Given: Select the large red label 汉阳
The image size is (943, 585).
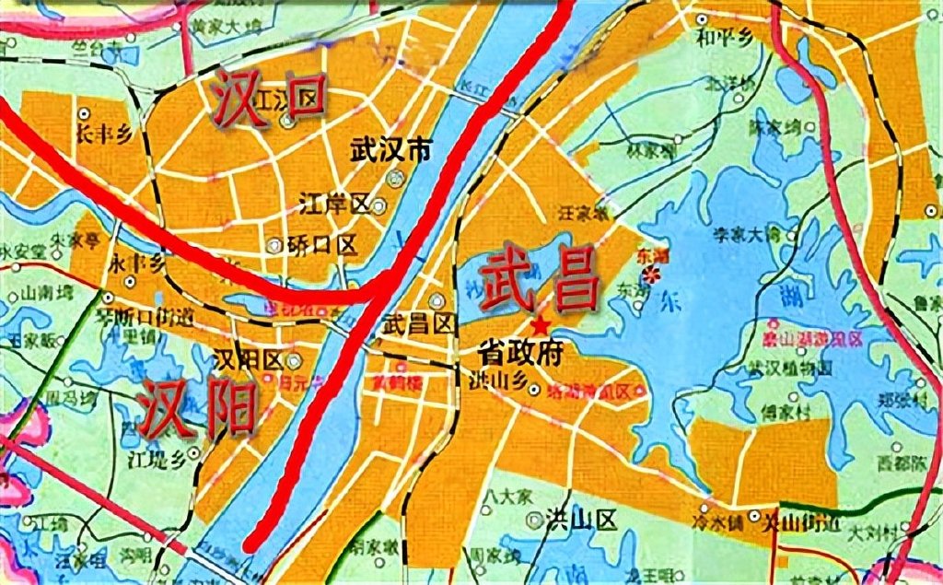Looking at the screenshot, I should point(198,408).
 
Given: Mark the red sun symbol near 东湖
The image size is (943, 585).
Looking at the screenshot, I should point(653,274).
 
